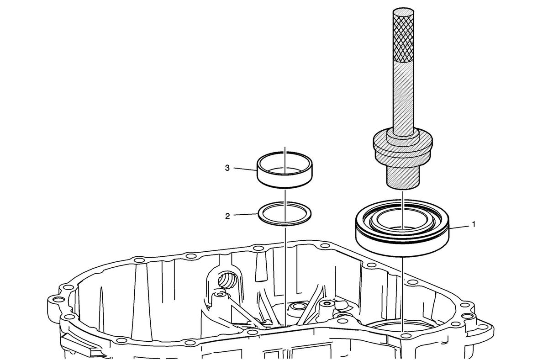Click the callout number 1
pyautogui.click(x=474, y=224)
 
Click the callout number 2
pyautogui.click(x=227, y=217)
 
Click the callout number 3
pyautogui.click(x=227, y=168)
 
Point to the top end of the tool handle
pyautogui.click(x=403, y=11)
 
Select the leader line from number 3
pyautogui.click(x=245, y=169)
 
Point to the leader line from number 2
pyautogui.click(x=246, y=214)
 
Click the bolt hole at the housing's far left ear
pyautogui.click(x=57, y=299)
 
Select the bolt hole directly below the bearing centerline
pyautogui.click(x=406, y=336)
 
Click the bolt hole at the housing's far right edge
pyautogui.click(x=483, y=327)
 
